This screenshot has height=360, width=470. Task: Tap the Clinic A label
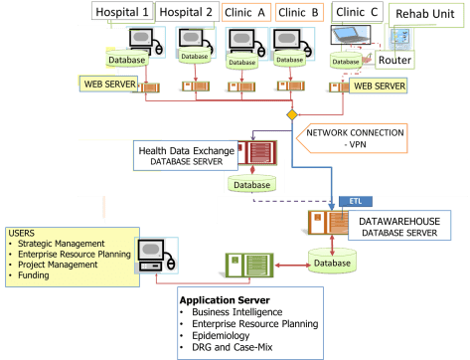(x=247, y=12)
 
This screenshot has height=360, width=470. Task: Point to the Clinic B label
(x=297, y=12)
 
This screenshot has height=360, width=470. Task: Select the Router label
(x=394, y=60)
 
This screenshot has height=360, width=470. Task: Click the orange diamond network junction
(x=291, y=115)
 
